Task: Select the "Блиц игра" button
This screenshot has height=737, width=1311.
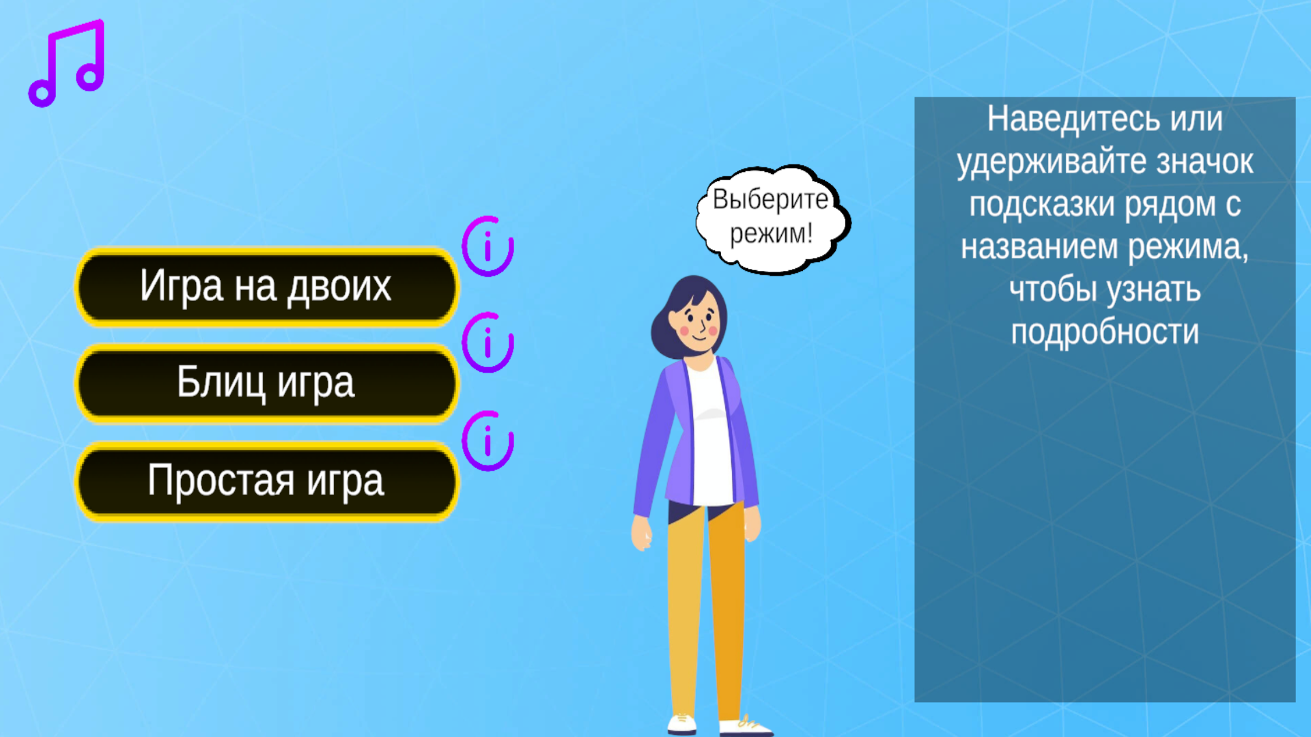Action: (266, 383)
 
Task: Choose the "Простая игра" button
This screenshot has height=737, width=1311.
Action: (266, 481)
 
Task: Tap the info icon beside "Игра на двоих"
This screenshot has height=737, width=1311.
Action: (488, 246)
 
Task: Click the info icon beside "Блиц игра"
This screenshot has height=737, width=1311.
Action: (488, 343)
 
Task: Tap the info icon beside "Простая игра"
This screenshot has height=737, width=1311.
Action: (488, 441)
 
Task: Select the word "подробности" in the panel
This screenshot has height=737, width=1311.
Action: (1105, 332)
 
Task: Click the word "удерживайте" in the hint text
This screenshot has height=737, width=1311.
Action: (1052, 162)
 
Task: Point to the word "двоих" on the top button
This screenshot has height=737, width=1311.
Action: (339, 287)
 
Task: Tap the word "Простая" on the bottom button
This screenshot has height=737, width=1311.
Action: (221, 481)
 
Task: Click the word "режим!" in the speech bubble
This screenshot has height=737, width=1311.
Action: (771, 234)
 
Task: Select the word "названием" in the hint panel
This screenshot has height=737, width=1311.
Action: (1039, 247)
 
